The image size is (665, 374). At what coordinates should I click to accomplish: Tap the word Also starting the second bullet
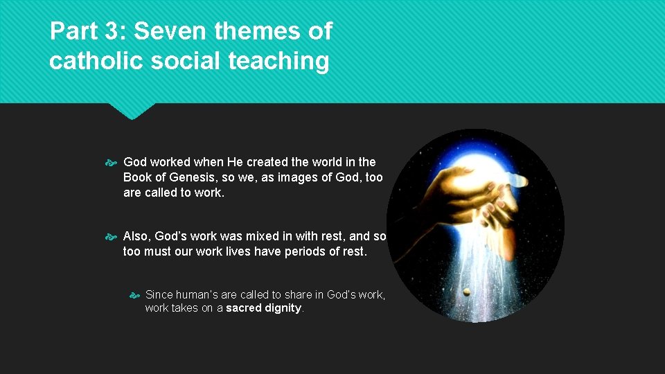point(136,236)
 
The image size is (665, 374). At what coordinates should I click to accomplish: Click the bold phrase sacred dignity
point(264,308)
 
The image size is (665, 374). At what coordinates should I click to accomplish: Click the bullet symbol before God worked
point(113,163)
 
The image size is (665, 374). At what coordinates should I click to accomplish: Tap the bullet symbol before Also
point(113,237)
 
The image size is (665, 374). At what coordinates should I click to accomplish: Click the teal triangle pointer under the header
point(132,112)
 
